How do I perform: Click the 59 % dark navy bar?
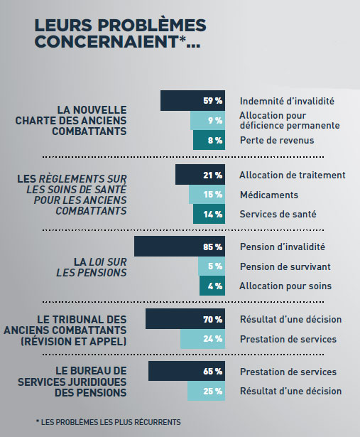192,100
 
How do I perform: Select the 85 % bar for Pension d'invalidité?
180,247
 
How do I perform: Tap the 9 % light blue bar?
208,120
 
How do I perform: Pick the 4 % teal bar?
212,286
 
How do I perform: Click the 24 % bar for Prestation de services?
202,339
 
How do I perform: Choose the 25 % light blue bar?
207,391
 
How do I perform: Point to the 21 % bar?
200,175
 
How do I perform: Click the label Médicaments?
269,195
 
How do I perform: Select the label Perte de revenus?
277,140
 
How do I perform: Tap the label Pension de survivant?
285,266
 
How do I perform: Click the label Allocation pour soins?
285,286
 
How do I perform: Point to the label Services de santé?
278,214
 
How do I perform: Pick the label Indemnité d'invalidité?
287,101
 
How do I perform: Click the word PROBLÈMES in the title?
152,25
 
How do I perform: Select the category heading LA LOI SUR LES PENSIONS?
92,267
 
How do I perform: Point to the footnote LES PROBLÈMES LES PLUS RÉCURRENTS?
111,422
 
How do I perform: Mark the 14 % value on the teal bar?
213,215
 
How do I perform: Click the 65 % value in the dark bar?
213,371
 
